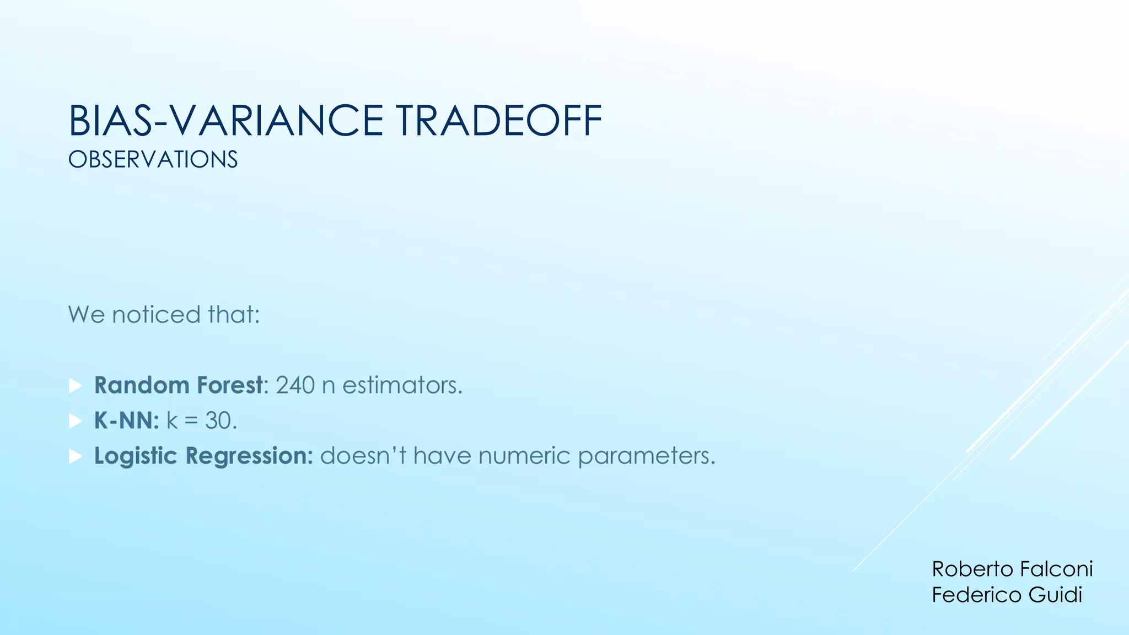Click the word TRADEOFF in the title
[x=498, y=121]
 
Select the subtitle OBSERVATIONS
[x=153, y=160]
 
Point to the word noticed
[x=156, y=315]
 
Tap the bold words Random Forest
[x=179, y=385]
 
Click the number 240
[x=295, y=385]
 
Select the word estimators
[x=402, y=385]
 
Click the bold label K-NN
[x=126, y=421]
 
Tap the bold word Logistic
[x=135, y=456]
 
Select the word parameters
[x=646, y=456]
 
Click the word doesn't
[x=363, y=456]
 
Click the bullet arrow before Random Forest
[x=76, y=386]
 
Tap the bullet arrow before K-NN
[x=76, y=421]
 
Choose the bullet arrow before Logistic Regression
[x=76, y=456]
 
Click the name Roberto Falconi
[x=1012, y=569]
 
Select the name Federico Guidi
[x=1007, y=595]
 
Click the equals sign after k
[x=191, y=422]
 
